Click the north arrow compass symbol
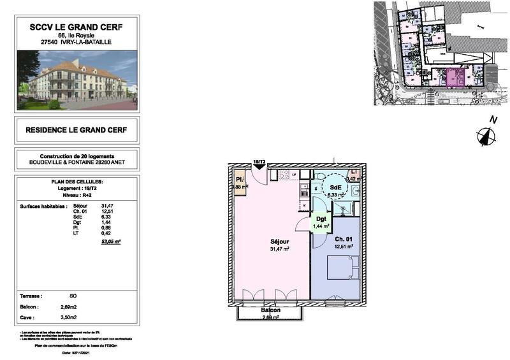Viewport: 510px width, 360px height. (486, 135)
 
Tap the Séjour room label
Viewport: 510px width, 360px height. (280, 242)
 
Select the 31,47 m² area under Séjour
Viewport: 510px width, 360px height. (280, 249)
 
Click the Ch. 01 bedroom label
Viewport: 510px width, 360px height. (343, 239)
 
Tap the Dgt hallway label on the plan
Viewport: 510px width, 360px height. (320, 219)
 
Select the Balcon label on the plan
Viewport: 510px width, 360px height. (270, 310)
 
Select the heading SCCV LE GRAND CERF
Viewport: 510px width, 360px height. (76, 27)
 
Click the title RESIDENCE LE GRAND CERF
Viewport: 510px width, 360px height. (76, 130)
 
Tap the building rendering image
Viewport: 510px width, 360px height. (76, 80)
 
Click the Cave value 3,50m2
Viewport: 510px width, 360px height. (68, 316)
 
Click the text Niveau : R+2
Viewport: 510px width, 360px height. (76, 195)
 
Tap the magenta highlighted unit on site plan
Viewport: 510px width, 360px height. (454, 78)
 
